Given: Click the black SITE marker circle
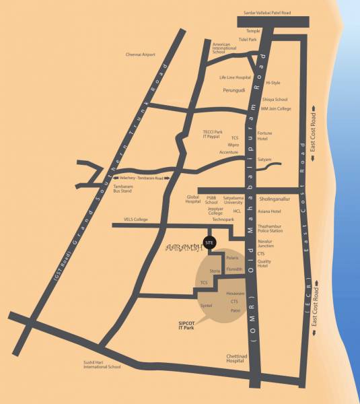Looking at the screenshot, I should pyautogui.click(x=210, y=242).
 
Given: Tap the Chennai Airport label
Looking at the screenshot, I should pyautogui.click(x=141, y=55).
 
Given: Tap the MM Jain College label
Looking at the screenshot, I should pyautogui.click(x=276, y=108).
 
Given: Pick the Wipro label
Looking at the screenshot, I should pyautogui.click(x=233, y=145).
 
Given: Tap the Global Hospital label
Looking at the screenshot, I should pyautogui.click(x=193, y=199).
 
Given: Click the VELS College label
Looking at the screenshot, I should pyautogui.click(x=135, y=220).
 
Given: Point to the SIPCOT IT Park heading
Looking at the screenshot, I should pyautogui.click(x=181, y=325).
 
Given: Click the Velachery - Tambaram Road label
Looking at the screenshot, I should pyautogui.click(x=138, y=177).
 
